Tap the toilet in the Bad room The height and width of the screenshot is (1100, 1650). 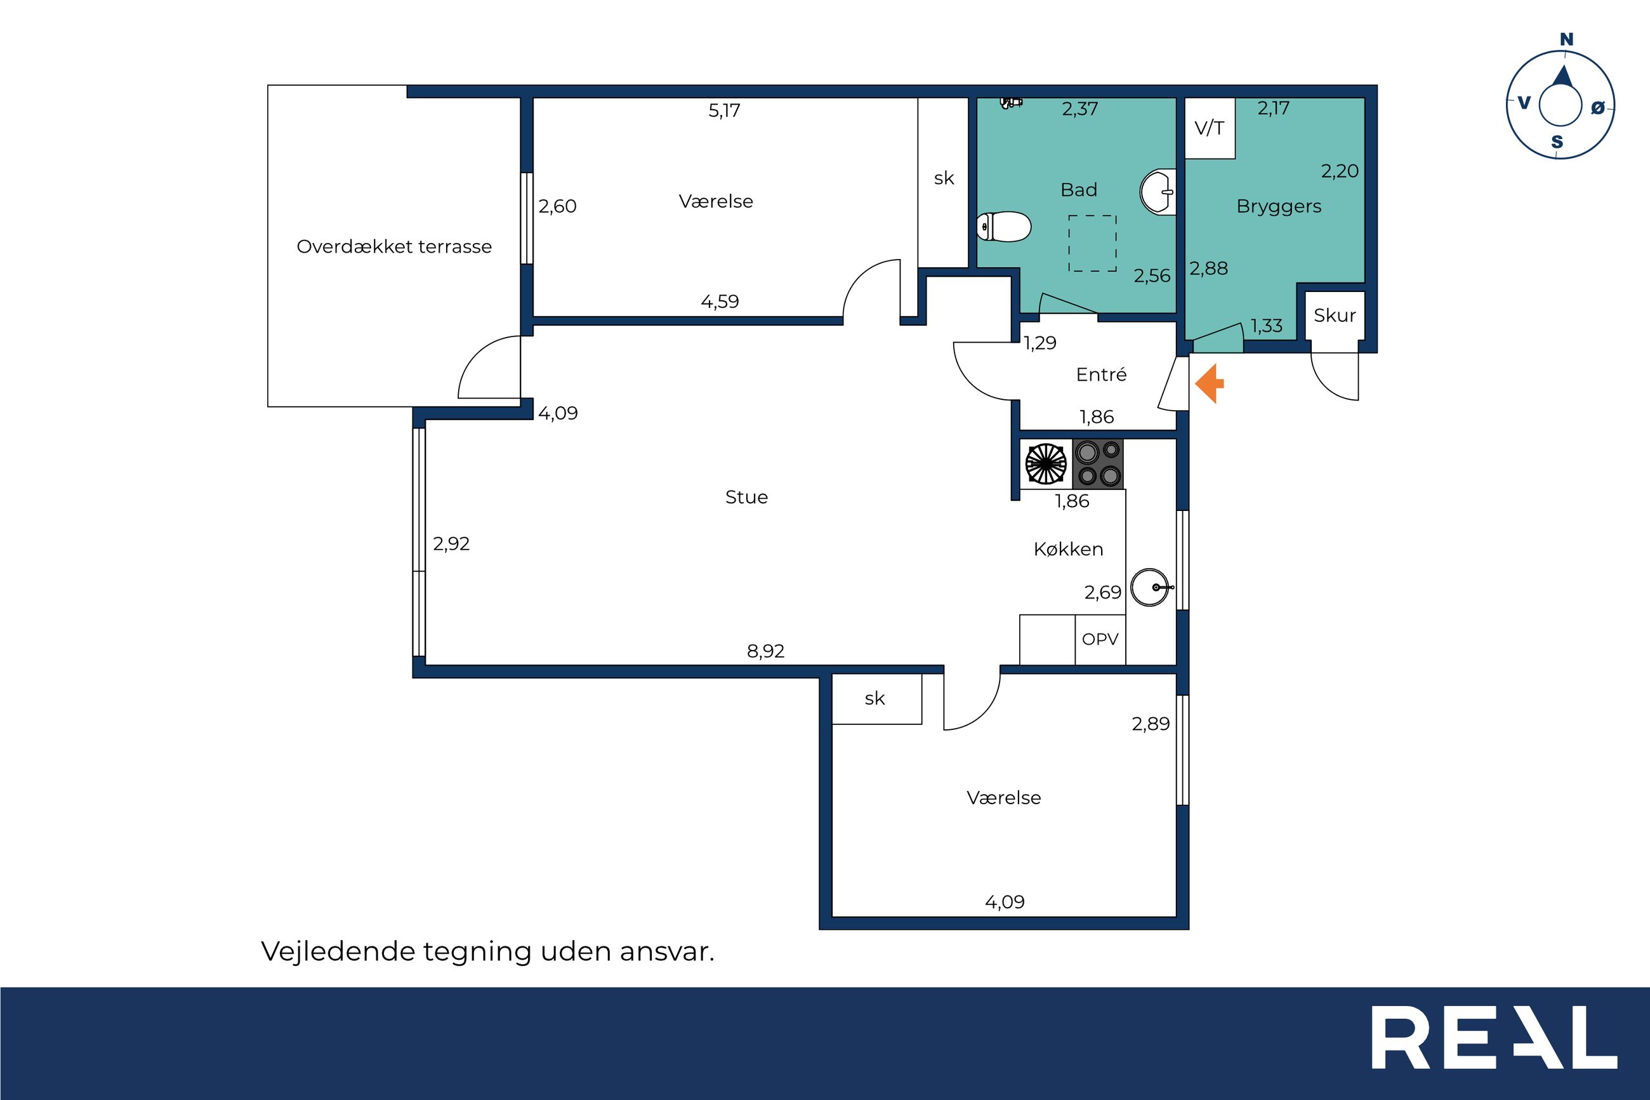[1003, 227]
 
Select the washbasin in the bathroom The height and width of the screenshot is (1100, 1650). [1158, 192]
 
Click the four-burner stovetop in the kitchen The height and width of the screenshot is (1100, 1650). [1098, 464]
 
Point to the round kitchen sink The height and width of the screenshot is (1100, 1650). [1150, 586]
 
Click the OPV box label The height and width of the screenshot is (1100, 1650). [1100, 639]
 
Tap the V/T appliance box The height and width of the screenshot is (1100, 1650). [1210, 128]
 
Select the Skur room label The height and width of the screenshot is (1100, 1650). [1335, 315]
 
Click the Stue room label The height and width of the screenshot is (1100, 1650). [746, 498]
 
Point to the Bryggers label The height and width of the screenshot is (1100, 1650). [1279, 207]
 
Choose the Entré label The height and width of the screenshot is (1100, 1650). [1102, 374]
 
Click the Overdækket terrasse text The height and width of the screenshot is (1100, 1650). [394, 247]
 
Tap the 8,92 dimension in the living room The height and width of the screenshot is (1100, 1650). [766, 652]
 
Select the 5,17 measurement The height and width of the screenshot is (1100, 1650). [724, 111]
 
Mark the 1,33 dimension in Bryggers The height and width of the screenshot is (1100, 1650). [1267, 326]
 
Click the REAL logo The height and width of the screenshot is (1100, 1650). [1495, 1047]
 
